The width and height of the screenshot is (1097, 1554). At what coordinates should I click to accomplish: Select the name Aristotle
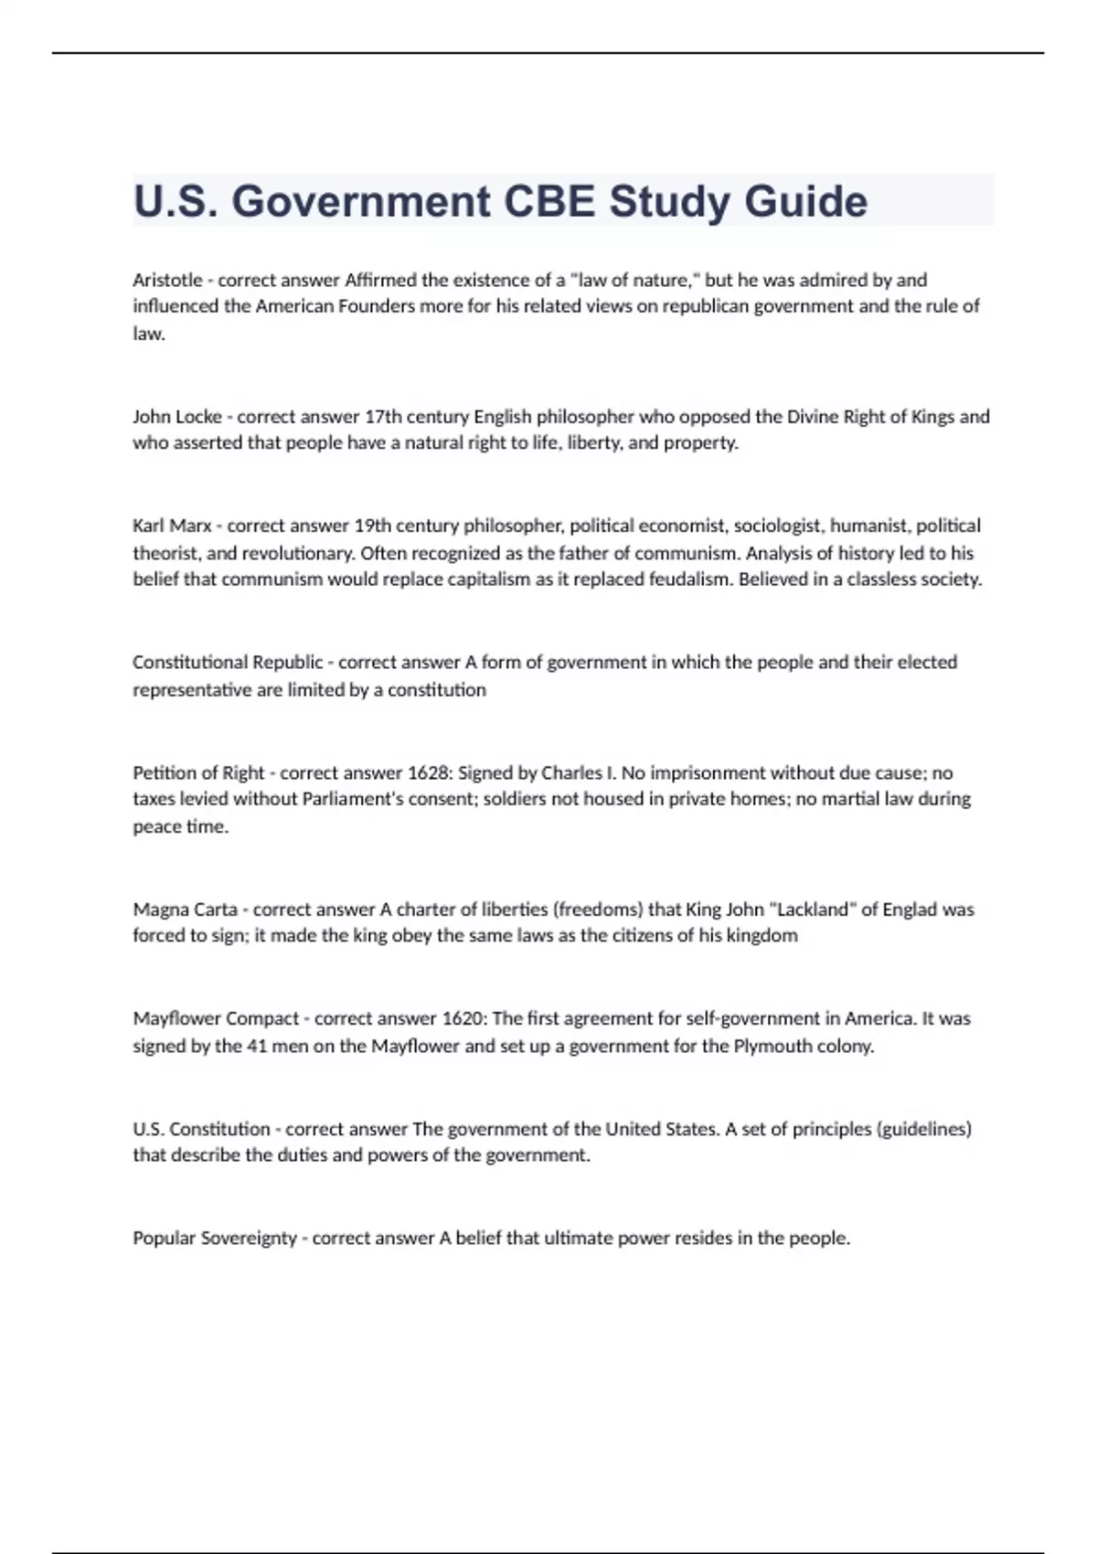pyautogui.click(x=167, y=280)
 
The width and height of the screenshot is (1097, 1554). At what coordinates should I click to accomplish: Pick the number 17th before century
pyautogui.click(x=383, y=417)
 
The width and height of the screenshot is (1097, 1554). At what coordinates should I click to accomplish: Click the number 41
pyautogui.click(x=257, y=1046)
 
